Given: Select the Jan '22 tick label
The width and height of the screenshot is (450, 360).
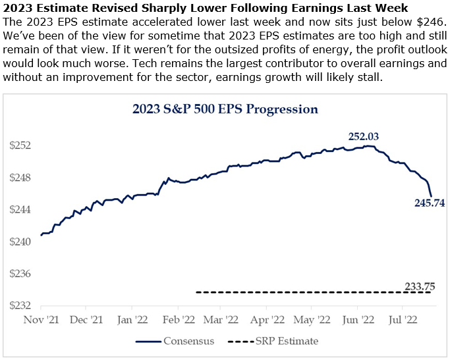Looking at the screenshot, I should [132, 321].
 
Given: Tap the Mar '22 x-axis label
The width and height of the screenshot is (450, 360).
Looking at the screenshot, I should [221, 321].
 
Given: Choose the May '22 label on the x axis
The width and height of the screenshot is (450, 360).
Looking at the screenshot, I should [312, 321].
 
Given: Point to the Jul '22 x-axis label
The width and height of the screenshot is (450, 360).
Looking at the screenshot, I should [403, 321].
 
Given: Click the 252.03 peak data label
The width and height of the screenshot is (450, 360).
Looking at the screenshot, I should [363, 137].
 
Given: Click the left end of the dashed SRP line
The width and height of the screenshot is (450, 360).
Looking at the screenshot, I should [197, 292].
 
